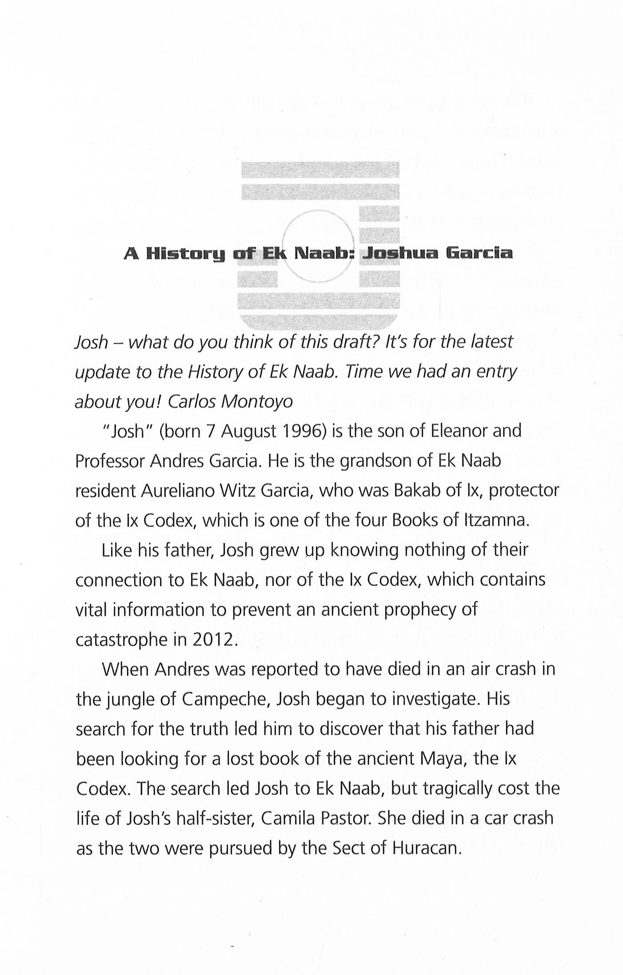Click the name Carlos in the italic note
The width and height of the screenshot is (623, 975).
click(x=192, y=401)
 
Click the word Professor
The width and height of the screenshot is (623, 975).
click(x=110, y=461)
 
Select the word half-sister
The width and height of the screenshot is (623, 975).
click(x=215, y=818)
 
